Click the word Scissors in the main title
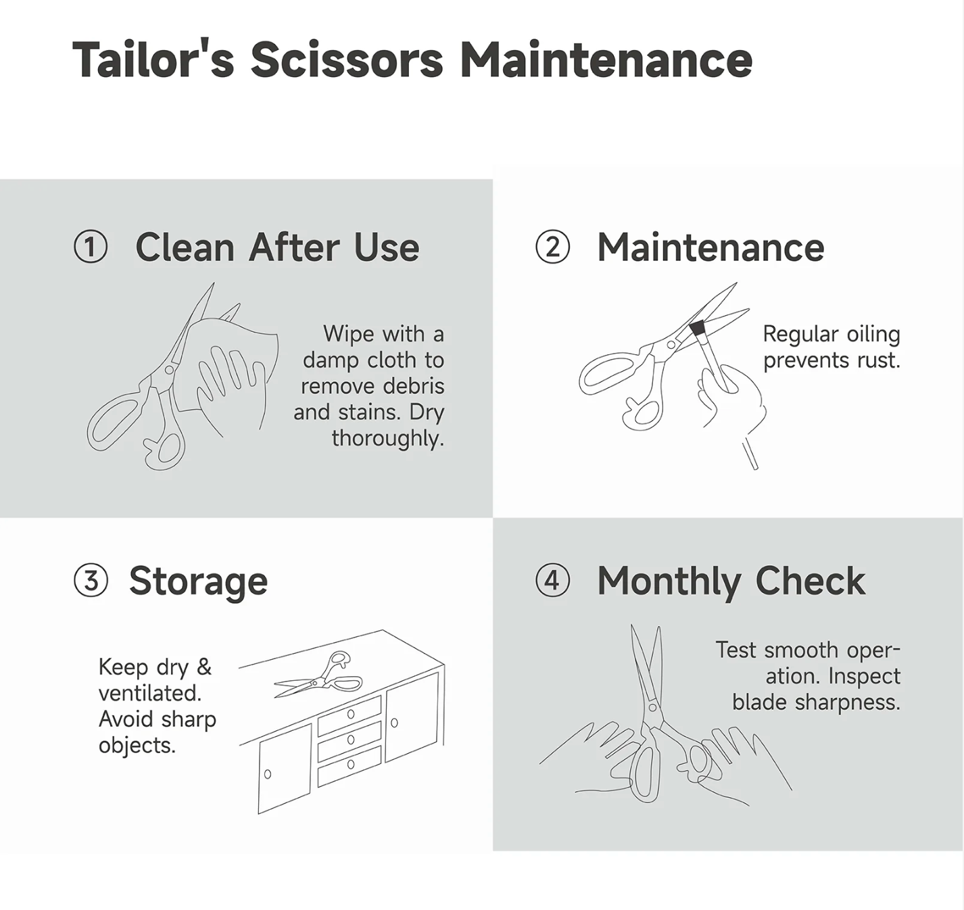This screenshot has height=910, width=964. [x=347, y=60]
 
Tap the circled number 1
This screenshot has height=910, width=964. [x=91, y=247]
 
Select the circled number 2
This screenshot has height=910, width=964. [x=552, y=247]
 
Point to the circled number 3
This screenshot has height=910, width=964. [x=91, y=581]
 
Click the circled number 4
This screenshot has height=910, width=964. [x=552, y=581]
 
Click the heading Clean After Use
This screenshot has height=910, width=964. [x=277, y=247]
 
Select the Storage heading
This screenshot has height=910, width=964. [x=198, y=582]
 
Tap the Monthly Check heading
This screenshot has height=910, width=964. [x=731, y=582]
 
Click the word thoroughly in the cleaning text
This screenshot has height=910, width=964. [x=388, y=439]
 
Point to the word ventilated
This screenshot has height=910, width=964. [x=150, y=693]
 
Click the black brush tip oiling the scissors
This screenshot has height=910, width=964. [x=698, y=329]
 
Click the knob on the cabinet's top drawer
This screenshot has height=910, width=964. [x=350, y=715]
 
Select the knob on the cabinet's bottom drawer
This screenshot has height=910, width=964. [x=350, y=765]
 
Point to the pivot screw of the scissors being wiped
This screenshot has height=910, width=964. [x=169, y=370]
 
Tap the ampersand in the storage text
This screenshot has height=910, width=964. [x=204, y=667]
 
